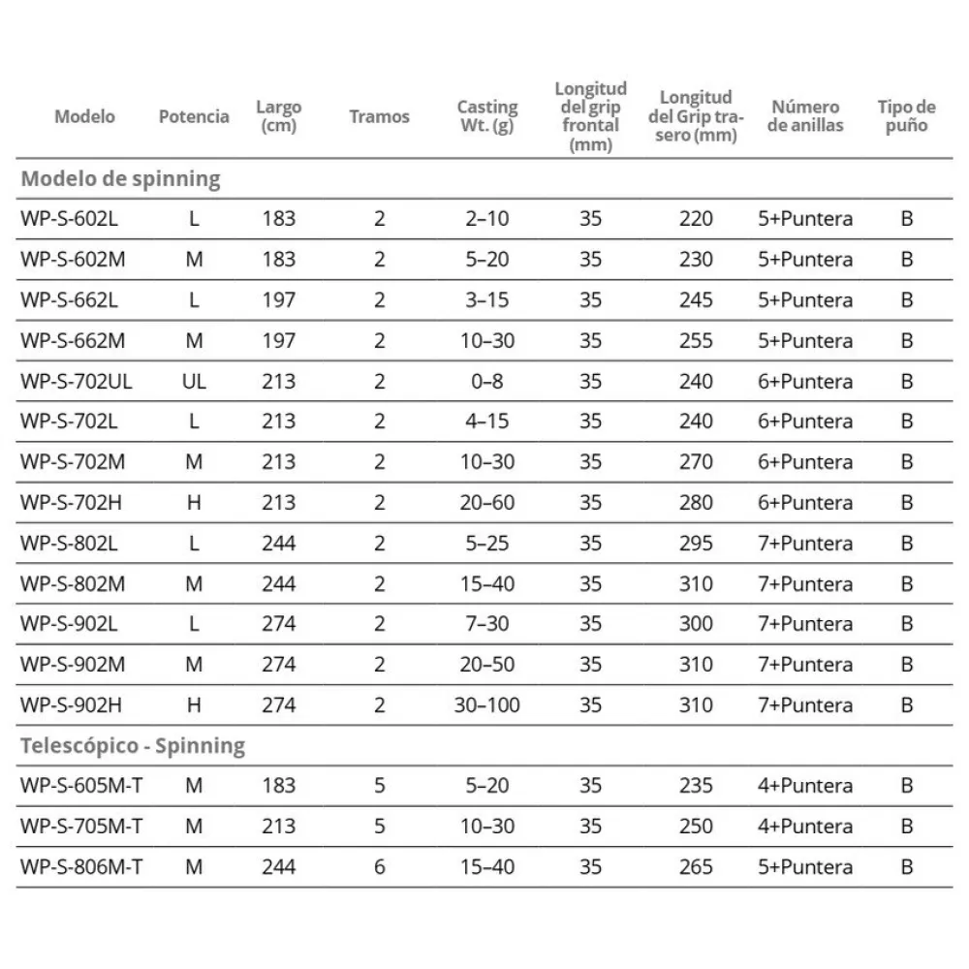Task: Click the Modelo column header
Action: [x=84, y=116]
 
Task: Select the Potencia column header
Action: [x=194, y=116]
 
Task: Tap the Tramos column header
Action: [x=379, y=116]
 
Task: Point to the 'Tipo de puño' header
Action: [x=906, y=116]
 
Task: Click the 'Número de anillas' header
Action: [x=805, y=116]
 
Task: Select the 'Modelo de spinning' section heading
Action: [x=120, y=178]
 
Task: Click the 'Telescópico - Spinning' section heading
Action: [x=132, y=745]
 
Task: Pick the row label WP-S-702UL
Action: [x=76, y=381]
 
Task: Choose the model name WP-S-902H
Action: [x=69, y=704]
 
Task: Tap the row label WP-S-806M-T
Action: [x=80, y=866]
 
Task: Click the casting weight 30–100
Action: [x=486, y=704]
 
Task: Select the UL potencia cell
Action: [x=194, y=381]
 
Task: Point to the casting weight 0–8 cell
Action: [x=486, y=381]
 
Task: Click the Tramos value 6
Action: [x=379, y=866]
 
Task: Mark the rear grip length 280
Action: [x=696, y=502]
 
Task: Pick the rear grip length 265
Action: [x=696, y=866]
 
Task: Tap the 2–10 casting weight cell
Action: [x=486, y=219]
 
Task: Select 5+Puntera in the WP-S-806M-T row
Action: [x=805, y=866]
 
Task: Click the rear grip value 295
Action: [x=696, y=543]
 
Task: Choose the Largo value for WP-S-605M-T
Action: [x=278, y=785]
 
